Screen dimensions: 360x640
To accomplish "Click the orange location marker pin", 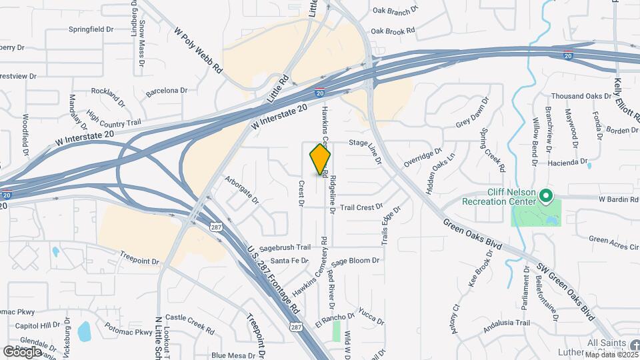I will coord(320,159).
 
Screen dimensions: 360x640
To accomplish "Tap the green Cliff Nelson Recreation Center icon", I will coord(545,196).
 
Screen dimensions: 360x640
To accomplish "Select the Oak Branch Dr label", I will coord(395,10).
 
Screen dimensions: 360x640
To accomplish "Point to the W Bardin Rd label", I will coord(618,199).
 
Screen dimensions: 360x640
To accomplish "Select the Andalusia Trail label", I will coord(506,323).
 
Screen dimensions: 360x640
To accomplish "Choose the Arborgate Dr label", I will coord(241,189).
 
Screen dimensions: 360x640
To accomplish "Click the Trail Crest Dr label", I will coord(361,207).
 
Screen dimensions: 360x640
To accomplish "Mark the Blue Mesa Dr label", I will coord(233,355).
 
